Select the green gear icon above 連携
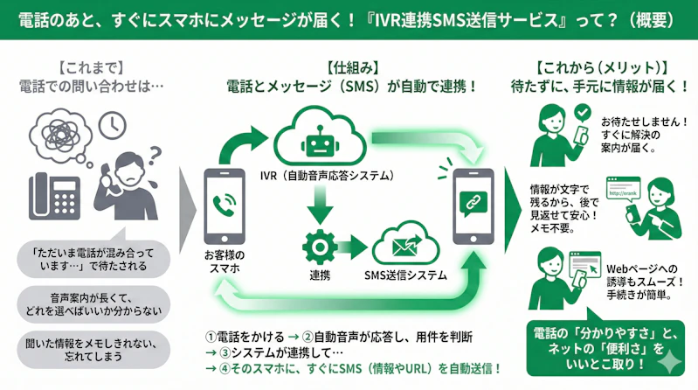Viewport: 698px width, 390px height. point(318,244)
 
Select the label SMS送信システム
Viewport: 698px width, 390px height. point(405,275)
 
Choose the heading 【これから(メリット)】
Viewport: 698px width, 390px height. point(602,66)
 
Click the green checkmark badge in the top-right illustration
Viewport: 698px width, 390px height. point(583,114)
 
